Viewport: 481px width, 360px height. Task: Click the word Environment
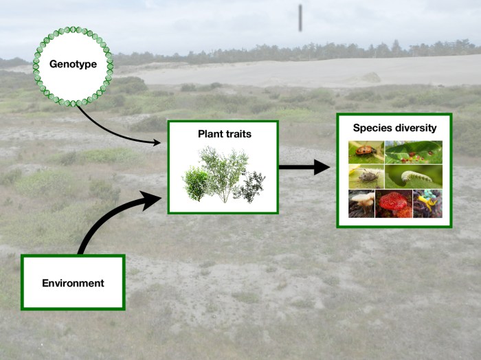[73, 282]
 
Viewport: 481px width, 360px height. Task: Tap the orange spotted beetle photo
[366, 152]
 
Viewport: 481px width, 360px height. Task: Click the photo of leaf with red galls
[413, 152]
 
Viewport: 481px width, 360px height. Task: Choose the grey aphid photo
[366, 177]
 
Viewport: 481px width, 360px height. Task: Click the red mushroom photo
[393, 203]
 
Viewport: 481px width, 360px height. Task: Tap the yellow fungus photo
[427, 203]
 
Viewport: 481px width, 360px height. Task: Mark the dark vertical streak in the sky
[300, 17]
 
